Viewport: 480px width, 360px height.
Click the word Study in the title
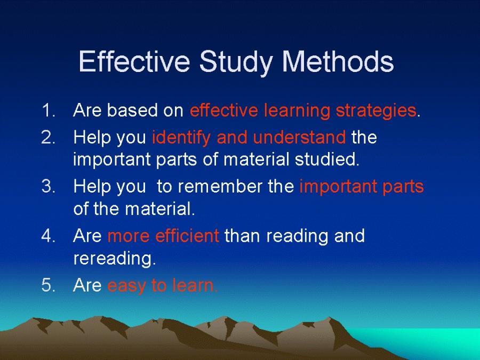pos(236,62)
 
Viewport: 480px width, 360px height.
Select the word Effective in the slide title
pos(134,61)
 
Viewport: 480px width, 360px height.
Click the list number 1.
pos(49,110)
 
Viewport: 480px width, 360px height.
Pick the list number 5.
pos(49,285)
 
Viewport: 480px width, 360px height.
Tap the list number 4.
pos(49,235)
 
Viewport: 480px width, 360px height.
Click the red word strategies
pos(376,111)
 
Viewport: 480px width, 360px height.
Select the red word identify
pos(181,138)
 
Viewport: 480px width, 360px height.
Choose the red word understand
pos(299,137)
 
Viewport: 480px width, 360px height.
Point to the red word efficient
pos(187,235)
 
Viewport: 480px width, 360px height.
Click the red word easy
pos(127,286)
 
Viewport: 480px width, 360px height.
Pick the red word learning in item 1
pos(297,111)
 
